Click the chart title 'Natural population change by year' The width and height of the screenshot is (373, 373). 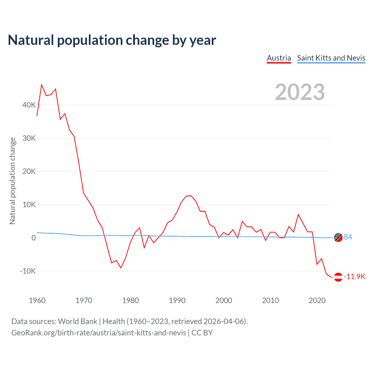pyautogui.click(x=112, y=40)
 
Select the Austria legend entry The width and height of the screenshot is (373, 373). pyautogui.click(x=279, y=58)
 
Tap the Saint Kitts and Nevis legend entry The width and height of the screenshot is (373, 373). pyautogui.click(x=331, y=58)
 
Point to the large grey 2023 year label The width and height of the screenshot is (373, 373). pyautogui.click(x=300, y=92)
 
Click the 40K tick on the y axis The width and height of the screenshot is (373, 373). pyautogui.click(x=29, y=105)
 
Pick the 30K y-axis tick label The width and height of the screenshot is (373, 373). pyautogui.click(x=29, y=138)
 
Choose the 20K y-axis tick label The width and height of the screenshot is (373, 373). pyautogui.click(x=29, y=172)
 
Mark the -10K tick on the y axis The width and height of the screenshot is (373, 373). pyautogui.click(x=28, y=271)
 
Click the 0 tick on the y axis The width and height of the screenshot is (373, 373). pyautogui.click(x=34, y=238)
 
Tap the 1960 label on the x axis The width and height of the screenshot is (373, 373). pyautogui.click(x=37, y=300)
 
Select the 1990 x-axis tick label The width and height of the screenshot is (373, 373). pyautogui.click(x=177, y=300)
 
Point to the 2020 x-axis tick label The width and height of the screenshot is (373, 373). pyautogui.click(x=317, y=300)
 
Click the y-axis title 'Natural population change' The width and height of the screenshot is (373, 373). pyautogui.click(x=13, y=181)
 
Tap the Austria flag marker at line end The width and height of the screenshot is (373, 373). pyautogui.click(x=338, y=277)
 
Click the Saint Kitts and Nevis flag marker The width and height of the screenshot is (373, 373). pyautogui.click(x=338, y=237)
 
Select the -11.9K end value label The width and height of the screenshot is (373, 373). pyautogui.click(x=354, y=277)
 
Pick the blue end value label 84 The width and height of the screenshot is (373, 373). pyautogui.click(x=348, y=237)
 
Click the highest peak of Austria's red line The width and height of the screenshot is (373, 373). pyautogui.click(x=42, y=85)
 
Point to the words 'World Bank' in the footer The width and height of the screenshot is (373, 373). pyautogui.click(x=78, y=321)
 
